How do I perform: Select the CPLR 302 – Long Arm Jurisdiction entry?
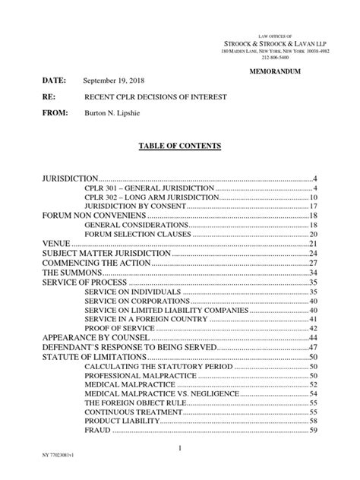139,197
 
